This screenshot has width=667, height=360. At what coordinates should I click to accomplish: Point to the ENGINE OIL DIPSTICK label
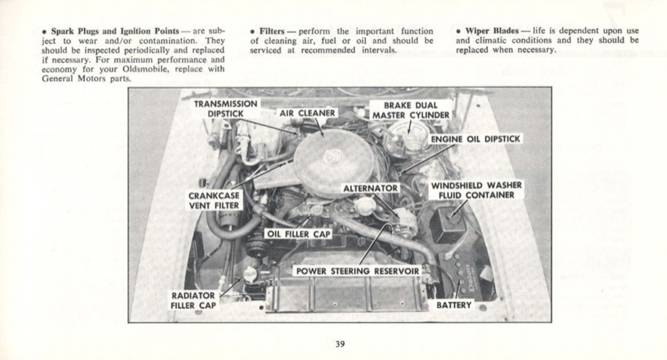pyautogui.click(x=476, y=139)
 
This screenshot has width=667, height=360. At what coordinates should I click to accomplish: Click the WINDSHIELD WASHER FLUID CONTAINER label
pyautogui.click(x=476, y=190)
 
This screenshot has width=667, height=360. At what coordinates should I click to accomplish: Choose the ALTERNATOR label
pyautogui.click(x=370, y=188)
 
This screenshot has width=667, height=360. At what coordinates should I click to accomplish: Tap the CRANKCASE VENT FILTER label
pyautogui.click(x=214, y=200)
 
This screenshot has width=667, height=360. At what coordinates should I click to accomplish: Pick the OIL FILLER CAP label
pyautogui.click(x=299, y=233)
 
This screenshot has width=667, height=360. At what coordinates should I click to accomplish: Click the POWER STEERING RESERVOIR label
pyautogui.click(x=357, y=271)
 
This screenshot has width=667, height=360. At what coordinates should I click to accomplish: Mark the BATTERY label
pyautogui.click(x=454, y=305)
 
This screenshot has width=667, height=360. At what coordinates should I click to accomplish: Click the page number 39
pyautogui.click(x=340, y=345)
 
